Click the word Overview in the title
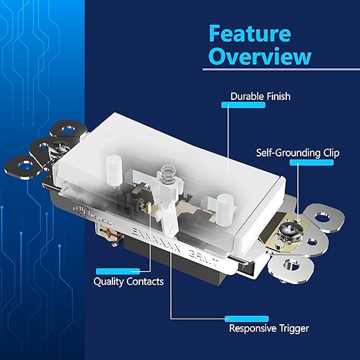[260, 56]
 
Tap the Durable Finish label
[259, 96]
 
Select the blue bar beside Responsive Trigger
[244, 319]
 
